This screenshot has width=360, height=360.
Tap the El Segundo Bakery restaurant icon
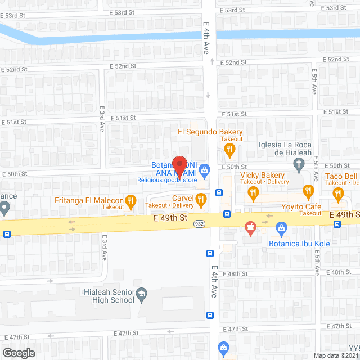pos(229,150)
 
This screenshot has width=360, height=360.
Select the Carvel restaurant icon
pos(201,198)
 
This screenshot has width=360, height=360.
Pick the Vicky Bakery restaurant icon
pos(253,192)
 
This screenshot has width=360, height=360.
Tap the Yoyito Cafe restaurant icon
pos(308,192)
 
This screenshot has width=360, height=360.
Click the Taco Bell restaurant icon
pos(338,194)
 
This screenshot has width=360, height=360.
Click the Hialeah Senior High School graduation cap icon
pos(142,292)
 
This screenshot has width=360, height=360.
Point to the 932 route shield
pos(199,224)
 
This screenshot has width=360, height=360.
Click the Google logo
pos(18,353)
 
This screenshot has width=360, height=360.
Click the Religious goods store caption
pos(166,180)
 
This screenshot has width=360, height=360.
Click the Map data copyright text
pos(335,355)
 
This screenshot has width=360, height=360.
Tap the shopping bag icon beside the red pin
pos(205,169)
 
